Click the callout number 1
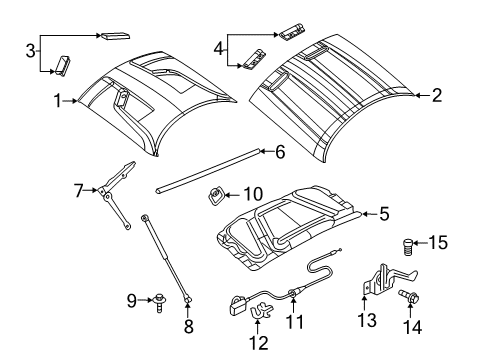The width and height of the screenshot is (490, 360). coord(58,100)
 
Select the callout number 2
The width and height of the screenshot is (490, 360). coord(436,96)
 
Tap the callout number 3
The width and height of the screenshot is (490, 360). coord(30,51)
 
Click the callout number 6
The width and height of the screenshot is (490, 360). coord(280,152)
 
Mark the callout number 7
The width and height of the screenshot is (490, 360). coord(77,188)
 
